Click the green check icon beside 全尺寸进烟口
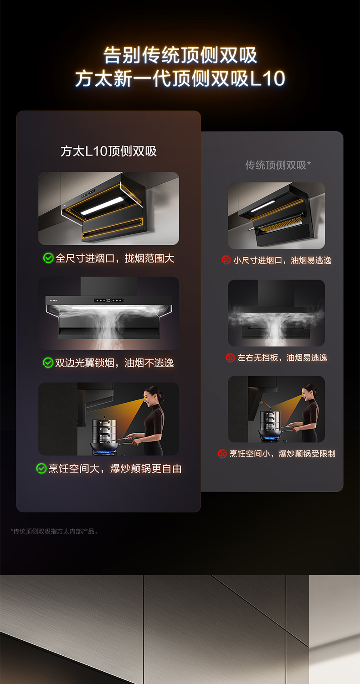pos(48,258)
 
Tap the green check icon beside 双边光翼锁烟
pos(48,363)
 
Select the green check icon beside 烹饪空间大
pos(41,468)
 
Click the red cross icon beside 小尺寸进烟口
pos(226,260)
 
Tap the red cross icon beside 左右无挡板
pos(230,358)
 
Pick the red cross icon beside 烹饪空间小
pos(222,454)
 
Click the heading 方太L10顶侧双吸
pos(108,151)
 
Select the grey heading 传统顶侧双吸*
pos(278,165)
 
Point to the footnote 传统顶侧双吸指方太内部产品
pos(54,531)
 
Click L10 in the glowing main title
pos(267,78)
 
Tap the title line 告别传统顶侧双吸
pos(180,55)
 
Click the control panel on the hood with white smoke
pos(109,301)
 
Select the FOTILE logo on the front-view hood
pos(53,301)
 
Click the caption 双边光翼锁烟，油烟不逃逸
pos(114,363)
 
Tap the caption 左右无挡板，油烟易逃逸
pos(282,358)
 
